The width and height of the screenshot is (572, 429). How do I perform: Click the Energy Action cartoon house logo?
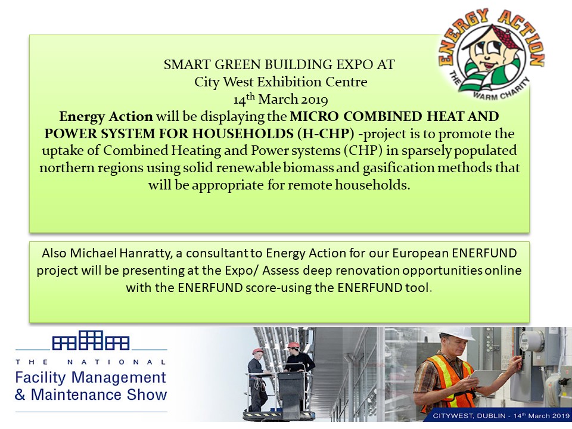[491, 55]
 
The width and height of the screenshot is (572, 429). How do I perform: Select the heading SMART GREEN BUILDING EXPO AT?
[279, 64]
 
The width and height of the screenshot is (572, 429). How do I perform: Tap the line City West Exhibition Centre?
[281, 82]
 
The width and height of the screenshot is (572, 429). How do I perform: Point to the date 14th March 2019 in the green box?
[281, 99]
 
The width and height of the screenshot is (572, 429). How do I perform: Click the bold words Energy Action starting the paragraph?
[106, 116]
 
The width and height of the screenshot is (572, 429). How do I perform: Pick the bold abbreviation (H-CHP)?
[325, 133]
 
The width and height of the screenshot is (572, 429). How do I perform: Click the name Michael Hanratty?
[121, 253]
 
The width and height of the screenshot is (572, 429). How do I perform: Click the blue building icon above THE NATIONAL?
[91, 340]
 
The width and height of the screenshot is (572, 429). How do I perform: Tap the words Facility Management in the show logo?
[91, 378]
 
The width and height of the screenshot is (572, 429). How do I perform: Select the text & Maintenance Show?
[91, 394]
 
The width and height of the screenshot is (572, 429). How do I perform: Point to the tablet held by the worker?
[486, 378]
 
